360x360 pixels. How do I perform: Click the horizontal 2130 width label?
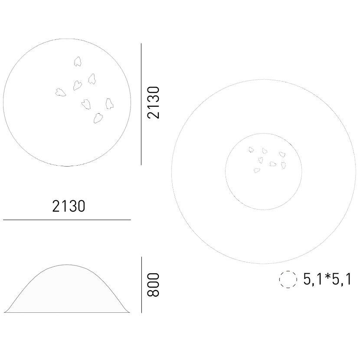[69, 206]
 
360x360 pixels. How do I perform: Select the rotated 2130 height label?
[153, 102]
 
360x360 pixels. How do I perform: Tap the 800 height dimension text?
[153, 285]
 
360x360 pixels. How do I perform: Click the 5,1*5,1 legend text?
[327, 279]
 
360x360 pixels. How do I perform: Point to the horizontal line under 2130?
[67, 220]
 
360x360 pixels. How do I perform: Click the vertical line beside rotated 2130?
[141, 104]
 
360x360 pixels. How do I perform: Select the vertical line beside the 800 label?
[142, 285]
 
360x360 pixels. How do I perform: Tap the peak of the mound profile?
[67, 265]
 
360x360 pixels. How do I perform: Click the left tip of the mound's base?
[4, 312]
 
